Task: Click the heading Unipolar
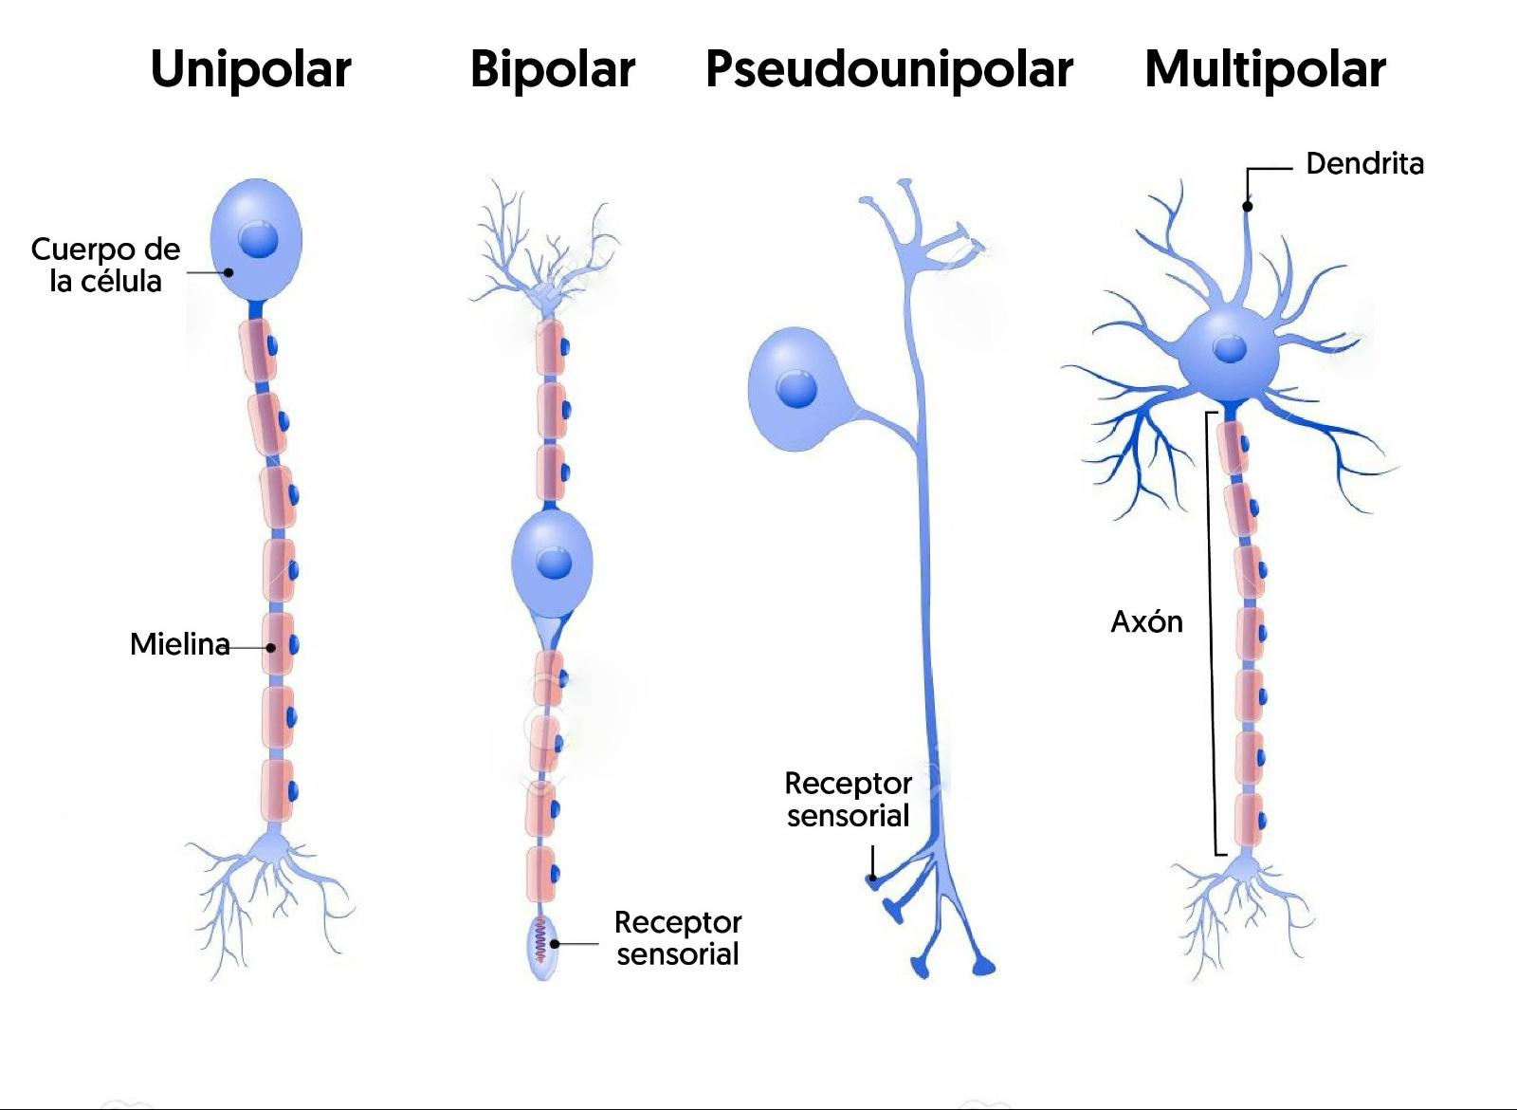[251, 69]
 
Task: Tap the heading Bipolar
[552, 69]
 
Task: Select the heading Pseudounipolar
[888, 69]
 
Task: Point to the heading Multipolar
[1265, 69]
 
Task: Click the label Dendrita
[1364, 164]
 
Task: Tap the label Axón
[1146, 621]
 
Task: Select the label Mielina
[179, 644]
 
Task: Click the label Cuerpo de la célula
[105, 265]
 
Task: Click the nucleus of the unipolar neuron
[258, 239]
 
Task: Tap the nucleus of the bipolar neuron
[554, 564]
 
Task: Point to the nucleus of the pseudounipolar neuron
[795, 389]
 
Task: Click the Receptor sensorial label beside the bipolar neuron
[677, 937]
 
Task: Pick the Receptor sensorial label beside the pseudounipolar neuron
[848, 799]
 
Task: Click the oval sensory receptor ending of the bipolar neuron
[541, 948]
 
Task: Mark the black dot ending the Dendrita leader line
[1248, 206]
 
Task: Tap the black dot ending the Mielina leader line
[271, 648]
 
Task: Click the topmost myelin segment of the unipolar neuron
[258, 350]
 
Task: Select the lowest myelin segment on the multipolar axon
[1249, 820]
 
